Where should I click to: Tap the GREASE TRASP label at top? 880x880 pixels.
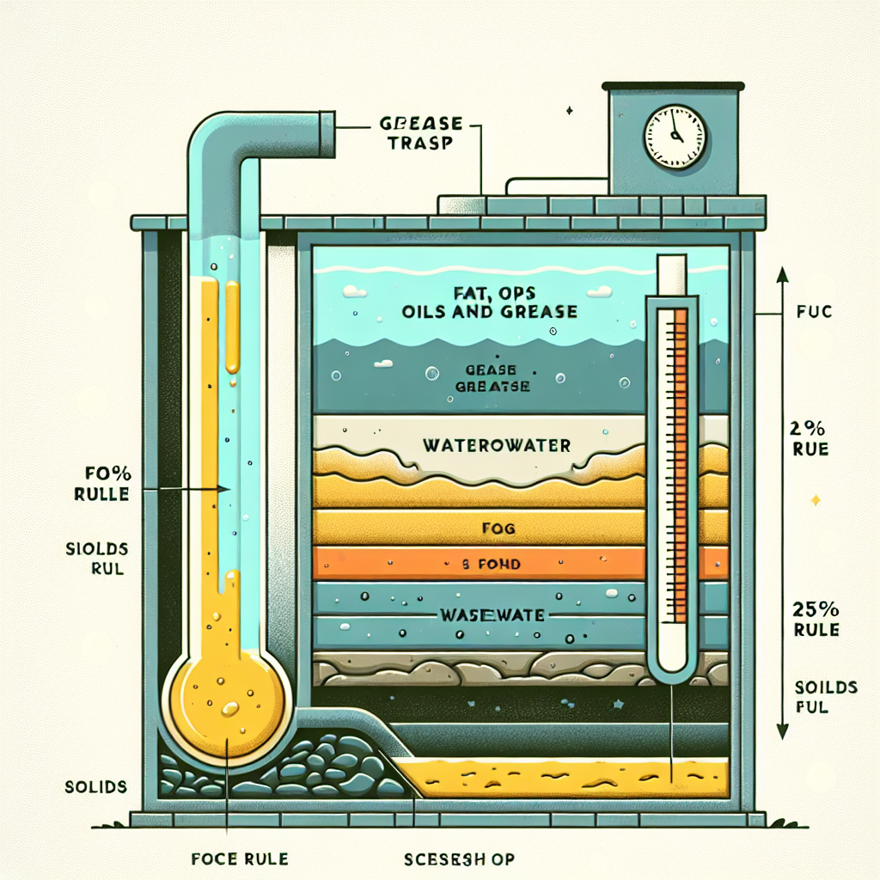pyautogui.click(x=415, y=133)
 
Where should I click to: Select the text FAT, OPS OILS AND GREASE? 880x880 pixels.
pyautogui.click(x=489, y=301)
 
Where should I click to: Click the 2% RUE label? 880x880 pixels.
pyautogui.click(x=809, y=437)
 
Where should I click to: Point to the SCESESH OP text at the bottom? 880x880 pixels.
pyautogui.click(x=459, y=859)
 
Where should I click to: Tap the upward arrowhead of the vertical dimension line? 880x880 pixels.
pyautogui.click(x=782, y=275)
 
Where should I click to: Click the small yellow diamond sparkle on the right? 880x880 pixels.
pyautogui.click(x=816, y=499)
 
